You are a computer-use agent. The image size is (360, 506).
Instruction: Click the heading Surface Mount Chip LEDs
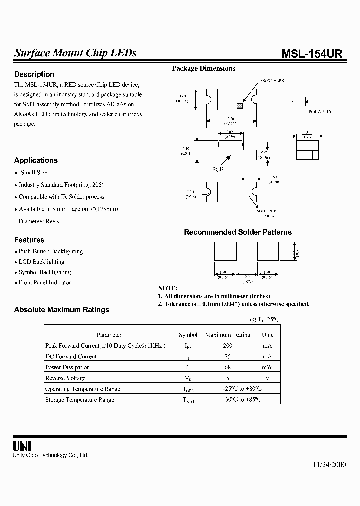(x=75, y=53)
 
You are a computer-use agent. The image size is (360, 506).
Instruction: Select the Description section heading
(x=34, y=74)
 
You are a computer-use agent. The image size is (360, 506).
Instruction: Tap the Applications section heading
(x=36, y=160)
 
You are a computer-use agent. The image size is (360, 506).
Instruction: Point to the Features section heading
(x=29, y=240)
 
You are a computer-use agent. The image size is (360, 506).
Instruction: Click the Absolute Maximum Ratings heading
(x=62, y=310)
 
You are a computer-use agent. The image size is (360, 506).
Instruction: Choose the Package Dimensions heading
(x=203, y=69)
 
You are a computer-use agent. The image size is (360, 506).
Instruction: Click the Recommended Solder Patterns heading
(x=238, y=232)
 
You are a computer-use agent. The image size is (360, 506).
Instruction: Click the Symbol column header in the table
(x=188, y=335)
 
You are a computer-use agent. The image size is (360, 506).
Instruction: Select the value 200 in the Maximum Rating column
(x=228, y=346)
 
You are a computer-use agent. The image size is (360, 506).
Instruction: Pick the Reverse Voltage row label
(x=65, y=378)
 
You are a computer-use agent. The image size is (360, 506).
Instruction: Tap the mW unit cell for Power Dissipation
(x=267, y=367)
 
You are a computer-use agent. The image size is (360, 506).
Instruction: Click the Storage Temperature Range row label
(x=80, y=400)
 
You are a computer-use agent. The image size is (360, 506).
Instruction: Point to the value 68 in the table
(x=228, y=367)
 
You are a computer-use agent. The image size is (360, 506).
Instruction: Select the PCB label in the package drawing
(x=218, y=169)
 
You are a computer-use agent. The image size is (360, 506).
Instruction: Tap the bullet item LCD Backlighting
(x=41, y=262)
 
